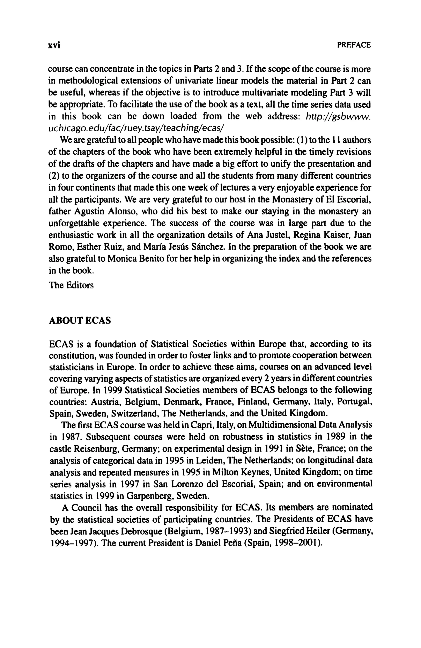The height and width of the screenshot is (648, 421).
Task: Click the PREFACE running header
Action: pyautogui.click(x=354, y=45)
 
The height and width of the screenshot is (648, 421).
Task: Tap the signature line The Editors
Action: pyautogui.click(x=71, y=285)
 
